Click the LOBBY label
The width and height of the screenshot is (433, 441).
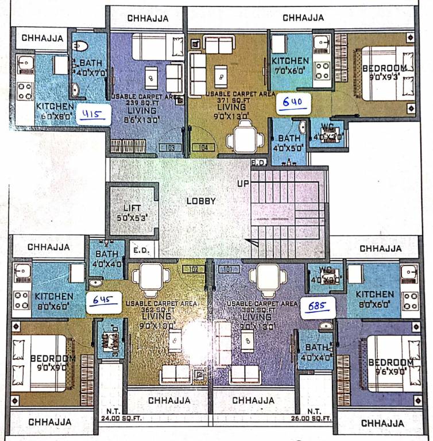201,202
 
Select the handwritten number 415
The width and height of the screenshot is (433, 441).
92,114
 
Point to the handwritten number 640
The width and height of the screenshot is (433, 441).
294,103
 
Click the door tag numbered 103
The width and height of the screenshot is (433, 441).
169,148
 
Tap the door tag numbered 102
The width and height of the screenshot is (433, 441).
194,269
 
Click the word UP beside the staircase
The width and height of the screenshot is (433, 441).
243,184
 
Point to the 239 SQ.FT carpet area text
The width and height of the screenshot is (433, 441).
145,101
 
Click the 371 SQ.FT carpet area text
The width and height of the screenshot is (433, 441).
227,97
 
